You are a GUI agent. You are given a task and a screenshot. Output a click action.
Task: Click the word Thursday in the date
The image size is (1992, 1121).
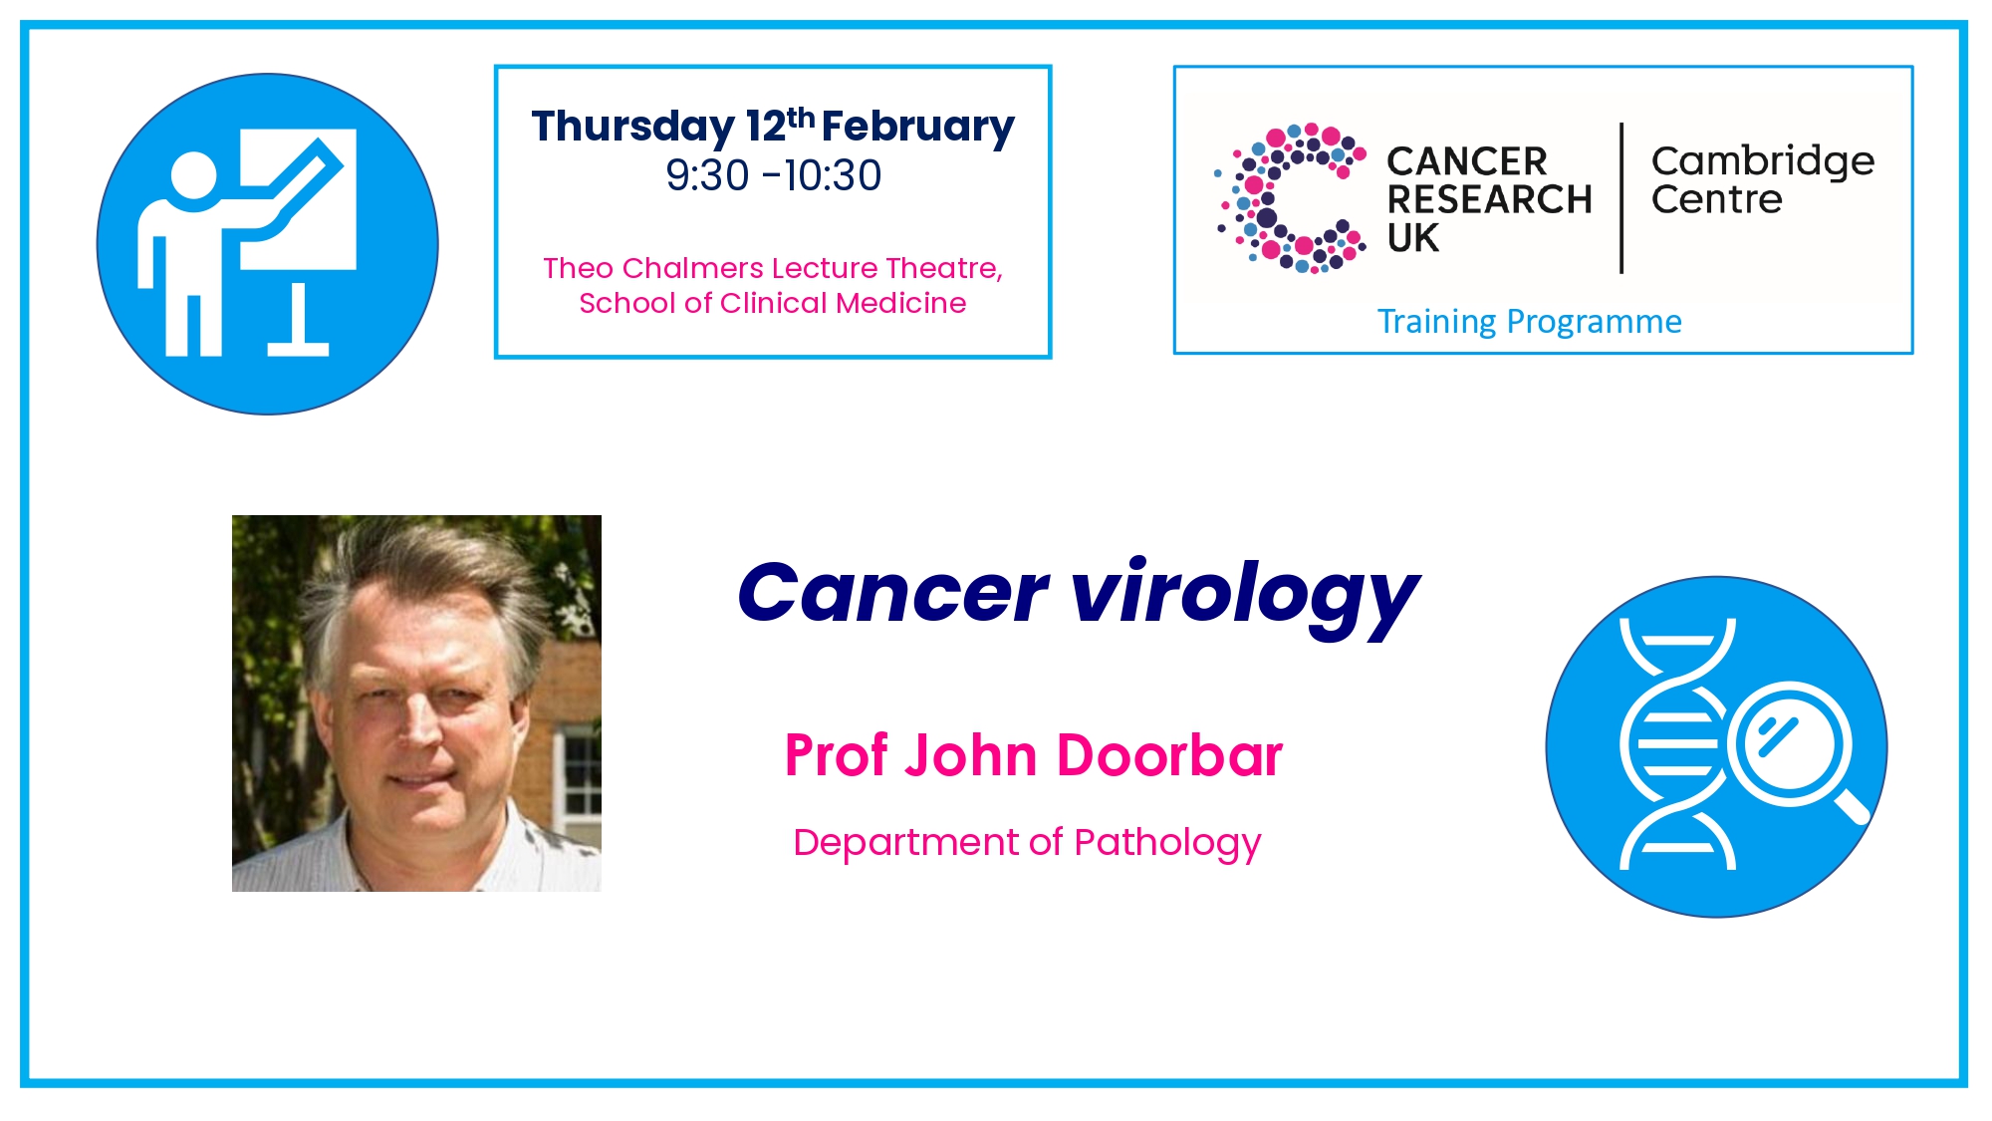pos(633,128)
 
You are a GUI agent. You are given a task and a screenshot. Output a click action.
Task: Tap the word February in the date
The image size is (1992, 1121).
pos(918,128)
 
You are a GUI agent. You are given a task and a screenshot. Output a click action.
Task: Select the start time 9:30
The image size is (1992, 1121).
pos(707,175)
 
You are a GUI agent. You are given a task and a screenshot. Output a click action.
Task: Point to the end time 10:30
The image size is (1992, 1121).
pos(833,175)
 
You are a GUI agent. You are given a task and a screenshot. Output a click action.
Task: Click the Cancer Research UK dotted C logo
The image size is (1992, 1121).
pos(1290,198)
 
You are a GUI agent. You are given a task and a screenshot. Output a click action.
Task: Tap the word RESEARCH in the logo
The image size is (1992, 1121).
pos(1490,199)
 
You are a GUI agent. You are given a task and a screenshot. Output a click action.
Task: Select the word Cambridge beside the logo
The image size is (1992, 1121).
pos(1763,161)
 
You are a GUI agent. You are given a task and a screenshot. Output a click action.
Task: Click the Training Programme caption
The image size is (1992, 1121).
pos(1529,322)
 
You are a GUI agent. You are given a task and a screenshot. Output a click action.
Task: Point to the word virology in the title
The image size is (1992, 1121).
pos(1245,595)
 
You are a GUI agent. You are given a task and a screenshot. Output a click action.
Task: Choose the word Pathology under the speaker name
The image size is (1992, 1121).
pos(1167,843)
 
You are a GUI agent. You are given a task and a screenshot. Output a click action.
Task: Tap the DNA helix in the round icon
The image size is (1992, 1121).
pos(1677,743)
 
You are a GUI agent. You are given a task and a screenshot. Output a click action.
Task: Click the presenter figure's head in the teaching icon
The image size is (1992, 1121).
pos(193,175)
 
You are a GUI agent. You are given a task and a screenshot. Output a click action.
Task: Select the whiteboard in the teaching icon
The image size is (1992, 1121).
pos(298,198)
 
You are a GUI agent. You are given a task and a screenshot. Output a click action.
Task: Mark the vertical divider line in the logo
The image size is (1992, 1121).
pos(1621,198)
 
